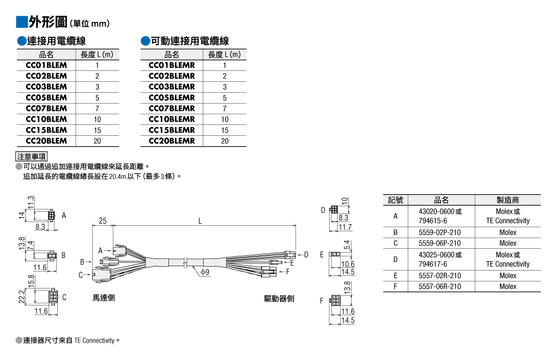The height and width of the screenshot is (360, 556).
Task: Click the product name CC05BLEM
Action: (46, 98)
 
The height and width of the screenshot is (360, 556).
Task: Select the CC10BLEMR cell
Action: (172, 119)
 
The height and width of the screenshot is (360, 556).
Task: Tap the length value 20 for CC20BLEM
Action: (97, 141)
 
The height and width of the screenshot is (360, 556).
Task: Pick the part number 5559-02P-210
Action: (440, 233)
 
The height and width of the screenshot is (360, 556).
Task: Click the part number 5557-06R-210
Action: (440, 286)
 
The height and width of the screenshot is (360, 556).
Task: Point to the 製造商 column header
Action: (508, 200)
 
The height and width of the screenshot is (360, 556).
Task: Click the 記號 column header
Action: (395, 200)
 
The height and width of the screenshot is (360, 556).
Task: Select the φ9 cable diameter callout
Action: (205, 272)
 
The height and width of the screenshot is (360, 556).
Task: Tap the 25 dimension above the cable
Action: (102, 221)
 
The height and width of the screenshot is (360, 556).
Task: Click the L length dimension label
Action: (200, 221)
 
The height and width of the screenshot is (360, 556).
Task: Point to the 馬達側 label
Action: (104, 298)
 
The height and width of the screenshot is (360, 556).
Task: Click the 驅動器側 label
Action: (279, 299)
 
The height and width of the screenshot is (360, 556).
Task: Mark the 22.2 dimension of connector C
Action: (21, 297)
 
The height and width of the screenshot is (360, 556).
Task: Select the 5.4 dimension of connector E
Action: (347, 245)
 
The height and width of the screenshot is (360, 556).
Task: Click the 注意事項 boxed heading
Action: (32, 157)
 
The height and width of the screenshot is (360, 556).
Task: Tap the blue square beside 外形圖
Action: (22, 22)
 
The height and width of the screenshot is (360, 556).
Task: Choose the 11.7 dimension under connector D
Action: (345, 227)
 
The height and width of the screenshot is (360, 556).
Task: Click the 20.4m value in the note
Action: (117, 176)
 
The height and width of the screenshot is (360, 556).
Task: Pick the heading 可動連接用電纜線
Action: (190, 41)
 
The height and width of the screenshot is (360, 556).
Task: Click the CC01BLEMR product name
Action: (172, 65)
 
